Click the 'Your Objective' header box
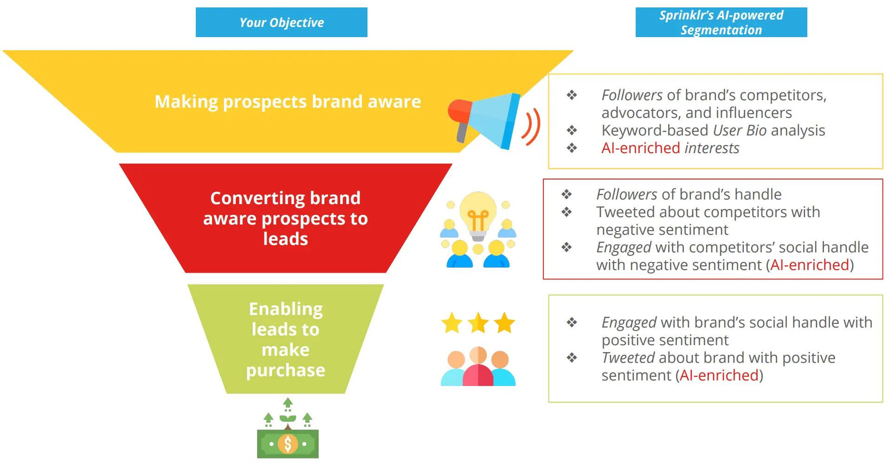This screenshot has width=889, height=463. click(281, 22)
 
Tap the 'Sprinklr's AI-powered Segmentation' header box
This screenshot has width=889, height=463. click(721, 22)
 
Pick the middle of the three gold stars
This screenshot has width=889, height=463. click(478, 323)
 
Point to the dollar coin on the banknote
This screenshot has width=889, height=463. click(288, 444)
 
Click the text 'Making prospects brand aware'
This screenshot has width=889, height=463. click(288, 101)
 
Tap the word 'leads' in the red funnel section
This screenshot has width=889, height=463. click(285, 239)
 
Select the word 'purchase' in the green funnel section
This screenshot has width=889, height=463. click(285, 370)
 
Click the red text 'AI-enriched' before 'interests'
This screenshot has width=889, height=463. click(640, 148)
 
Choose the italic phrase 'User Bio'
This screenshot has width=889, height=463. click(739, 130)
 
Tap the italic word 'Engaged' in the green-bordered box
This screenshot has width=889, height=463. click(629, 322)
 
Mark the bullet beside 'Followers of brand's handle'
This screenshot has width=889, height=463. click(566, 194)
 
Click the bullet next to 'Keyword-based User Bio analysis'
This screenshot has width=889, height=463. click(572, 130)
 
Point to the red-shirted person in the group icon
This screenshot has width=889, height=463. click(478, 371)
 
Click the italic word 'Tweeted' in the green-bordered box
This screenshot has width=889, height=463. click(628, 358)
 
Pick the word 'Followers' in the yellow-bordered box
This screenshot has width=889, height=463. click(632, 95)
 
